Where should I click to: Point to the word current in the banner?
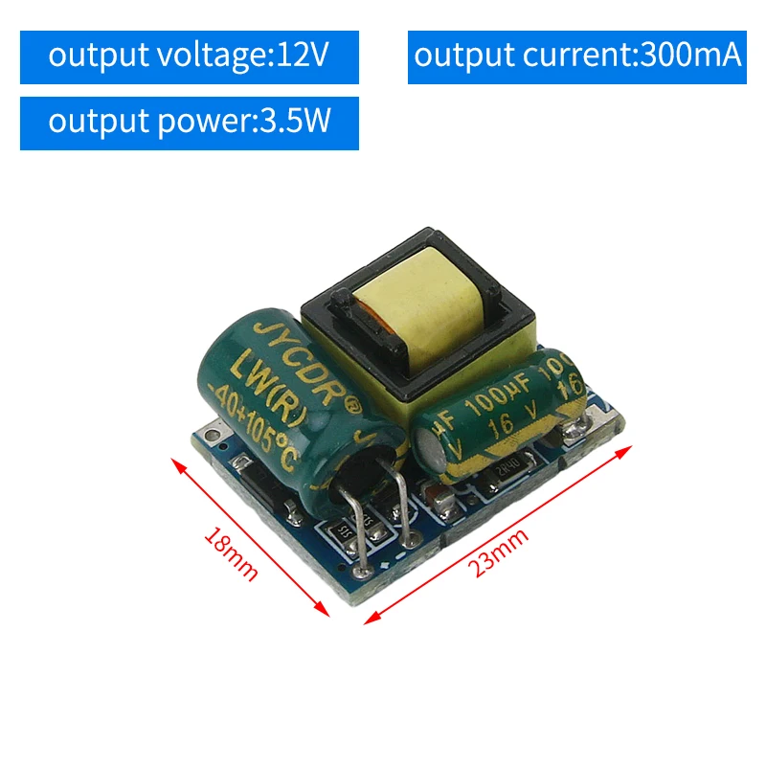coord(577,56)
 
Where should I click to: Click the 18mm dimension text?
coord(231,554)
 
